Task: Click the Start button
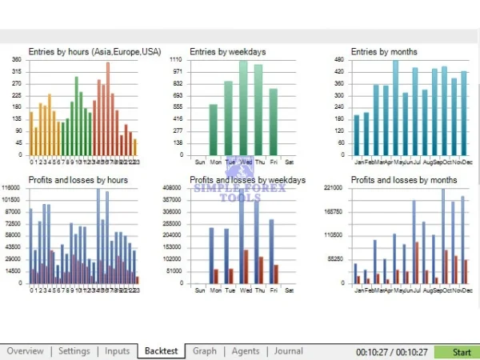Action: [462, 351]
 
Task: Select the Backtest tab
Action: [162, 351]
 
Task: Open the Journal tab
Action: [288, 351]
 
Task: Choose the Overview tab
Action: [25, 351]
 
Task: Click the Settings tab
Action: [74, 351]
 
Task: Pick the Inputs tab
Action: [117, 351]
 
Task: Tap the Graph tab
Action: [204, 351]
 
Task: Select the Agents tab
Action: [246, 351]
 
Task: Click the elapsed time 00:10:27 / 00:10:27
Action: [392, 351]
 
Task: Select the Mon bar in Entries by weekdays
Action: [213, 129]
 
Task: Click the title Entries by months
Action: [385, 52]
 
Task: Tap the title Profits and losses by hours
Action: [78, 180]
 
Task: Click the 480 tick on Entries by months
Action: [339, 60]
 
